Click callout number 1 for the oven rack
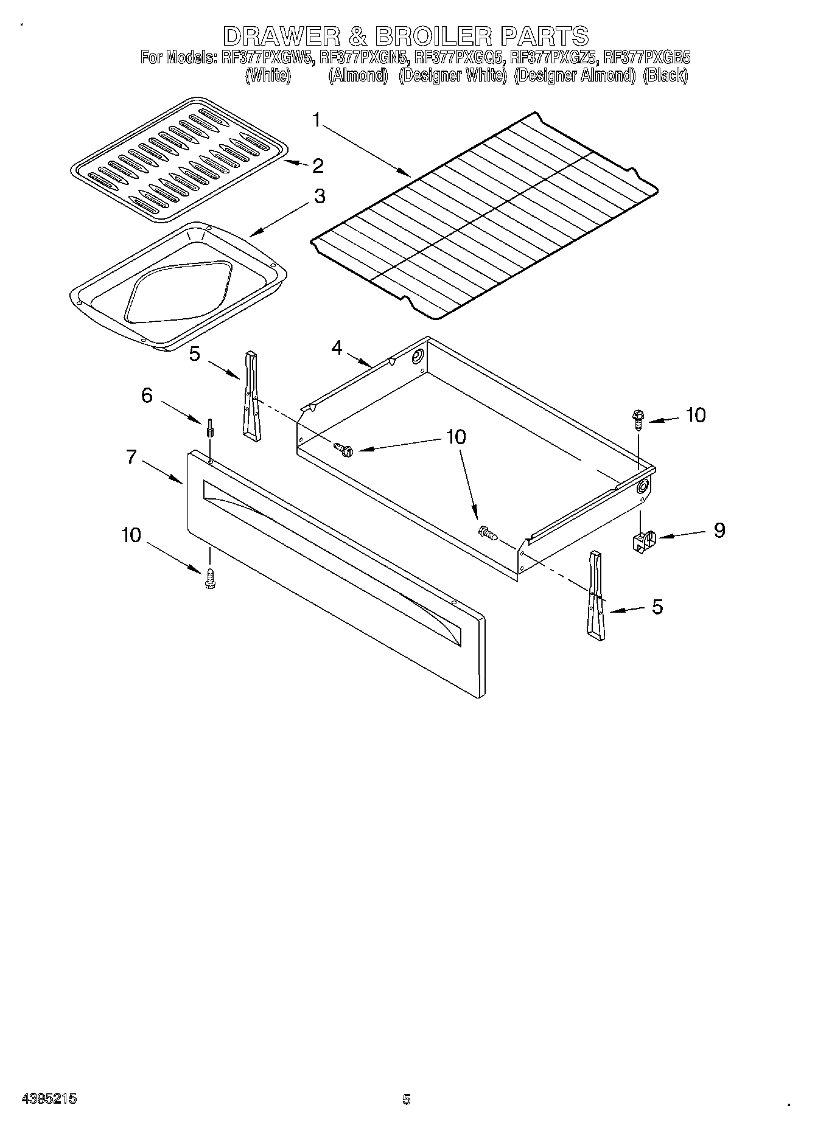(x=317, y=120)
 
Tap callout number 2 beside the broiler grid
(x=317, y=165)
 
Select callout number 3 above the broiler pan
(x=319, y=197)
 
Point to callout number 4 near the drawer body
(x=337, y=348)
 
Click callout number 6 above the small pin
(x=147, y=395)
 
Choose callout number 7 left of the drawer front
(x=131, y=457)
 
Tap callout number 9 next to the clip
(x=719, y=530)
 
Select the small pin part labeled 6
(x=210, y=429)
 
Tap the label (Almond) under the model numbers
(x=358, y=76)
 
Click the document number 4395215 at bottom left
(x=49, y=1099)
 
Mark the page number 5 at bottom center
(x=407, y=1099)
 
